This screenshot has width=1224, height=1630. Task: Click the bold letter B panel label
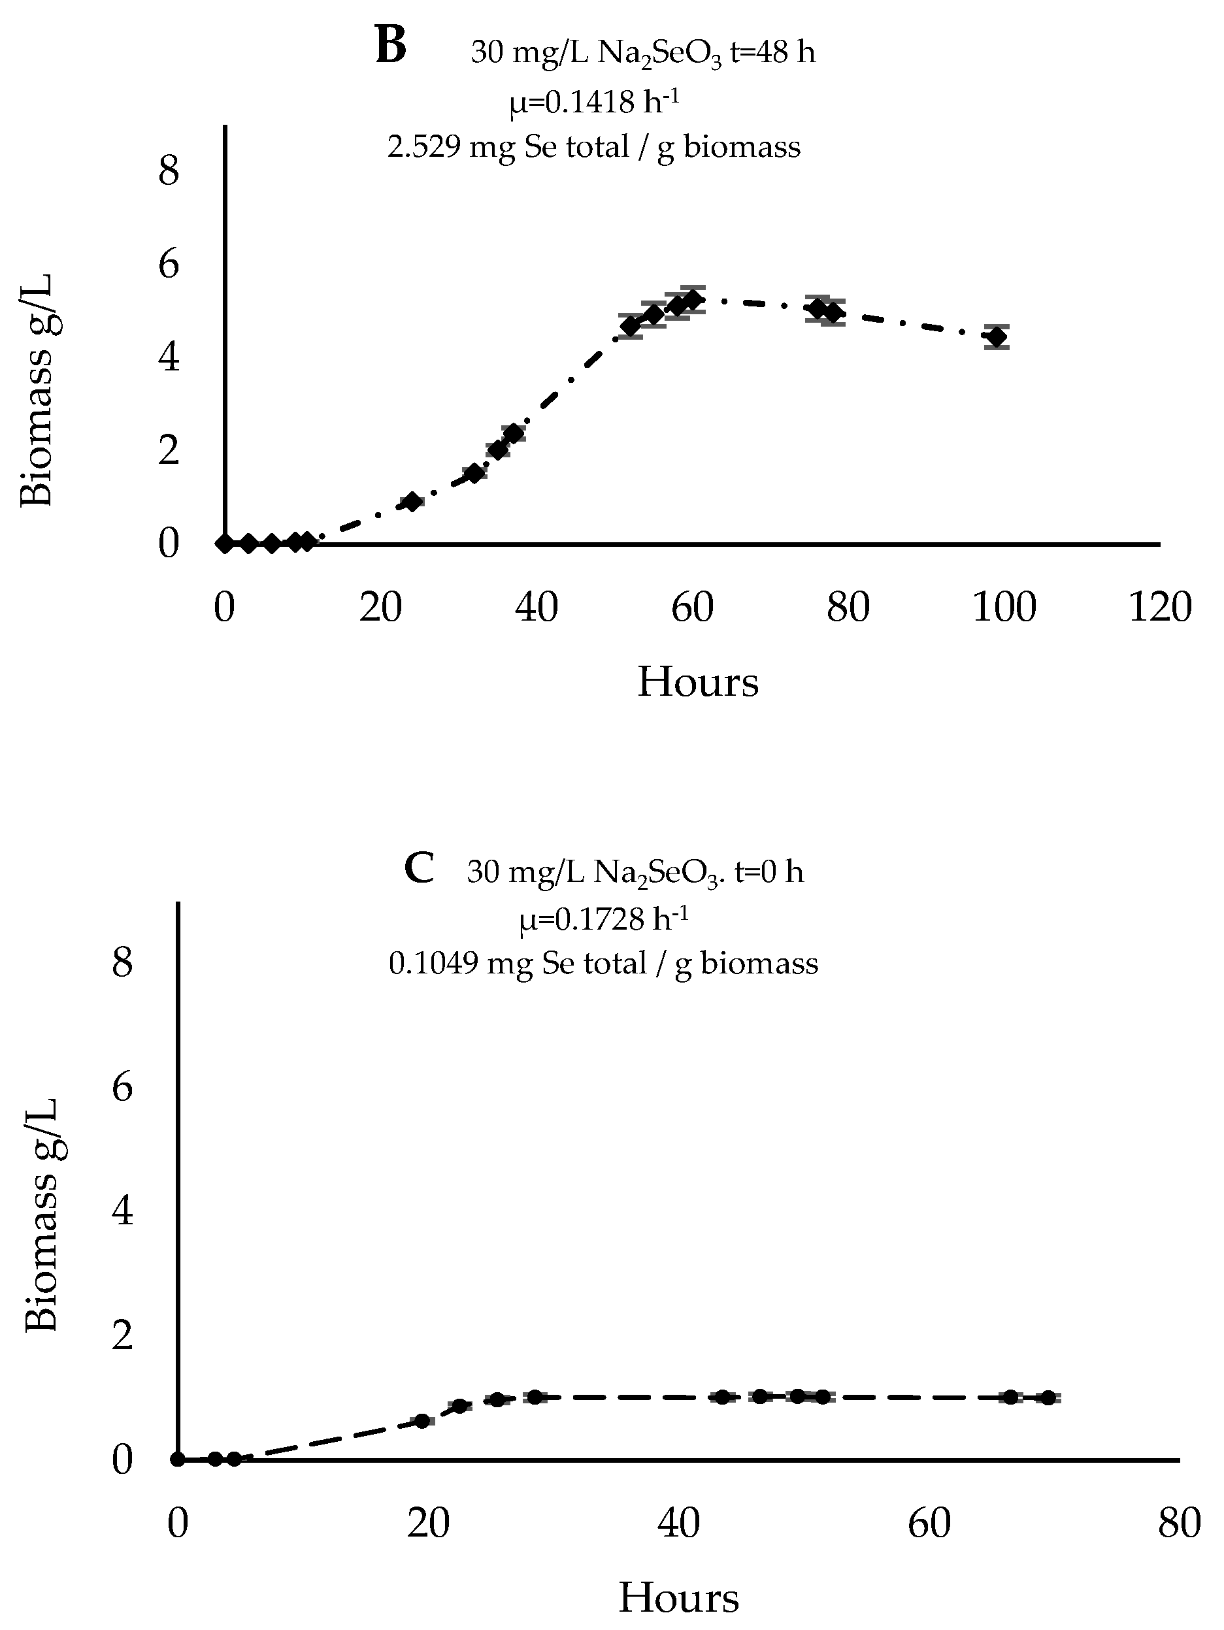pos(390,46)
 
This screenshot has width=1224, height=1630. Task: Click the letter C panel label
pos(420,868)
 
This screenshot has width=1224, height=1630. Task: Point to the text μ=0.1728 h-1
pos(604,918)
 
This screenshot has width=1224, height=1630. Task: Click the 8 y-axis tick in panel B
pos(169,171)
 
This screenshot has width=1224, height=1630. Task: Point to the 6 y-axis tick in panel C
pos(122,1087)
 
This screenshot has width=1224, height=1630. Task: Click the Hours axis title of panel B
pos(697,681)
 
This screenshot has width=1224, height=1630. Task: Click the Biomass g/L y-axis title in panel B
pos(37,391)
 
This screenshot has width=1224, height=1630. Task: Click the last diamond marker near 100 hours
pos(997,336)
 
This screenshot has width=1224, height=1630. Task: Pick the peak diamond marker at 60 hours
pos(692,299)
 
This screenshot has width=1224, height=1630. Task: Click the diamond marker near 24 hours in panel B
pos(412,502)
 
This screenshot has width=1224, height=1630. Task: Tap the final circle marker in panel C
pos(1047,1397)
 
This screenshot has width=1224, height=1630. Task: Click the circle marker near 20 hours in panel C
pos(422,1420)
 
